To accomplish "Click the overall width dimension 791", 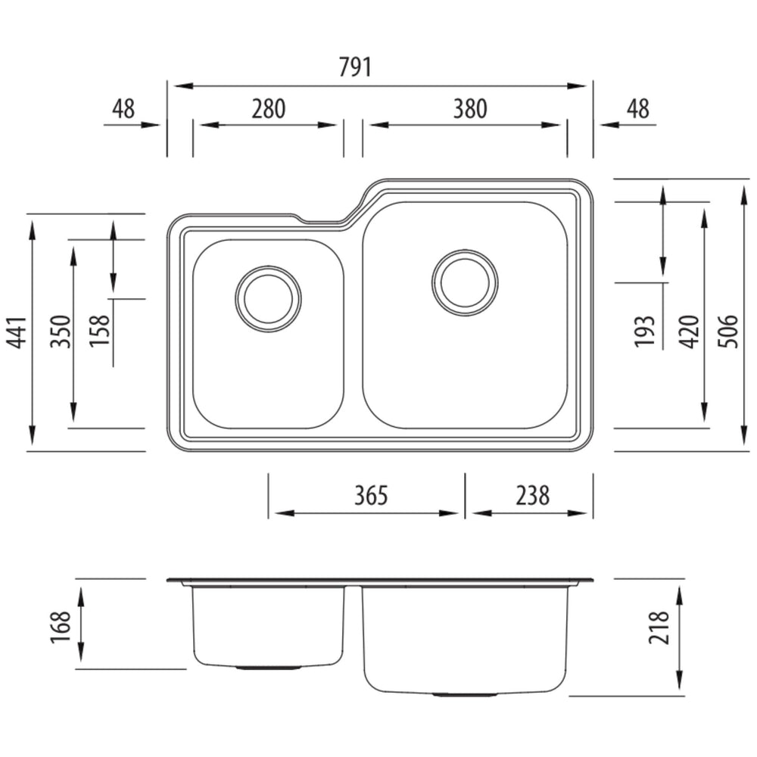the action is coord(355,67).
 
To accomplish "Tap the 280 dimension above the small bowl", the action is coord(269,109).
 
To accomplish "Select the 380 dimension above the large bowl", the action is coord(470,109).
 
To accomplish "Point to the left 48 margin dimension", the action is coord(123,109).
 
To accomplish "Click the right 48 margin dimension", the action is coord(638,109).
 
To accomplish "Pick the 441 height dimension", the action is coord(18,332).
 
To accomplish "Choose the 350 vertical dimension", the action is coord(61,332).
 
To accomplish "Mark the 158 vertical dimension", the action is coord(100,331).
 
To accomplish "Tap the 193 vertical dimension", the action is coord(644,332).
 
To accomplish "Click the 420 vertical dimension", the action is coord(689,332).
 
